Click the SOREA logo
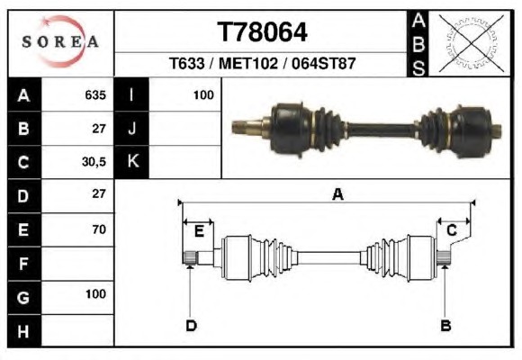coord(60,41)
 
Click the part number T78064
coord(262,32)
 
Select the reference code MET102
coord(248,63)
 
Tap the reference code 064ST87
coord(324,63)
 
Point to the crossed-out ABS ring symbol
coord(471,43)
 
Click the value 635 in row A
coord(95,95)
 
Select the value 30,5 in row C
coord(94,162)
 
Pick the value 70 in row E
coord(99,229)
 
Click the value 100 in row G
coord(96,294)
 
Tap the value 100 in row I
coord(203,95)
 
